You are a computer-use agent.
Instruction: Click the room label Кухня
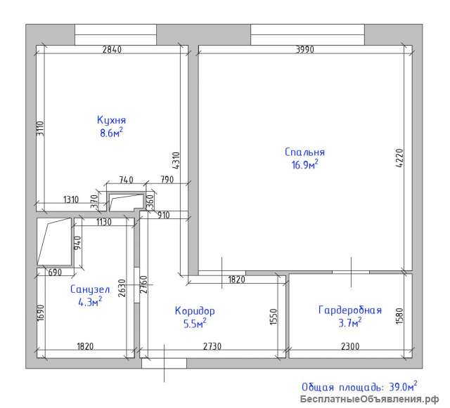(x=111, y=120)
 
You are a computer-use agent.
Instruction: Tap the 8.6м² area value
(x=111, y=133)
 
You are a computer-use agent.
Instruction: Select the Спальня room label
(x=304, y=152)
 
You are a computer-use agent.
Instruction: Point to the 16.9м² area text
(x=304, y=165)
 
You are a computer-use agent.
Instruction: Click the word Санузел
(x=90, y=289)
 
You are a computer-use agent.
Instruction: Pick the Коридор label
(x=195, y=311)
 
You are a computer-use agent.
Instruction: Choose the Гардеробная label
(x=350, y=310)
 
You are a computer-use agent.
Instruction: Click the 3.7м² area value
(x=350, y=323)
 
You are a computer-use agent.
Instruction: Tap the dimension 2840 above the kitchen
(x=112, y=50)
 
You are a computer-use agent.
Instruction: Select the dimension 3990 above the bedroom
(x=304, y=50)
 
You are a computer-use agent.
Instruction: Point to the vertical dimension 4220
(x=399, y=158)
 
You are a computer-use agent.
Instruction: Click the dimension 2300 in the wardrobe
(x=350, y=346)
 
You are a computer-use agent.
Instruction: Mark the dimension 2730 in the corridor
(x=212, y=346)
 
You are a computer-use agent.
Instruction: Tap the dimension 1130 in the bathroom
(x=104, y=222)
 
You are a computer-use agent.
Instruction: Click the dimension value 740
(x=126, y=180)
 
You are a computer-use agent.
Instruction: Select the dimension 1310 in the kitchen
(x=71, y=199)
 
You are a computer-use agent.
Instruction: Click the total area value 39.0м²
(x=403, y=387)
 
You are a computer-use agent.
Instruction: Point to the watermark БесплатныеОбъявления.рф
(x=370, y=399)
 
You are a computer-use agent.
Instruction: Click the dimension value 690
(x=55, y=272)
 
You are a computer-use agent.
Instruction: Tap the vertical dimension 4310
(x=176, y=160)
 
